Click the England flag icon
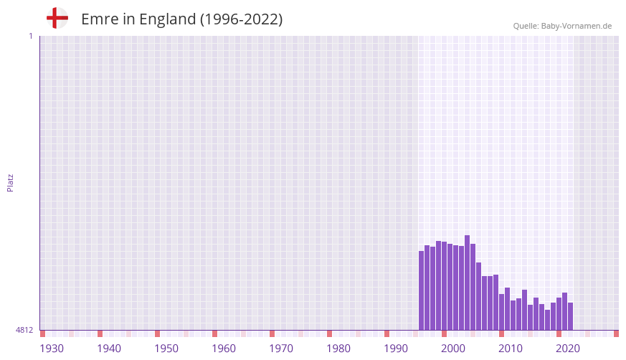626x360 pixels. [x=57, y=18]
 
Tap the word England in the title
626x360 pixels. [x=167, y=19]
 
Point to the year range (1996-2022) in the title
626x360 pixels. [x=241, y=19]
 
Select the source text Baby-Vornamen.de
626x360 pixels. [x=577, y=26]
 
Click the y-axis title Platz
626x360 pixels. [x=10, y=182]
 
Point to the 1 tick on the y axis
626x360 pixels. [x=30, y=36]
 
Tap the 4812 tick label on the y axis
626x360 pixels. [x=24, y=330]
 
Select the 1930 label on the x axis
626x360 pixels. [x=52, y=349]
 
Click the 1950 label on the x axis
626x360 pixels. [x=166, y=349]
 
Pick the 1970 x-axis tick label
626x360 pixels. [x=281, y=349]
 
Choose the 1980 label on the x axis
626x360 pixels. [x=338, y=349]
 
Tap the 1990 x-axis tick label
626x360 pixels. [x=396, y=349]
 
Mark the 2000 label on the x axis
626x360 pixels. [x=453, y=349]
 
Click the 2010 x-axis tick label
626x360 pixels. [x=511, y=349]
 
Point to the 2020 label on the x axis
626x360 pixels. [x=568, y=349]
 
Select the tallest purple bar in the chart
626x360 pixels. [x=467, y=283]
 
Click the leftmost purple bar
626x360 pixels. [x=422, y=290]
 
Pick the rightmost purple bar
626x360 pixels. [x=570, y=316]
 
